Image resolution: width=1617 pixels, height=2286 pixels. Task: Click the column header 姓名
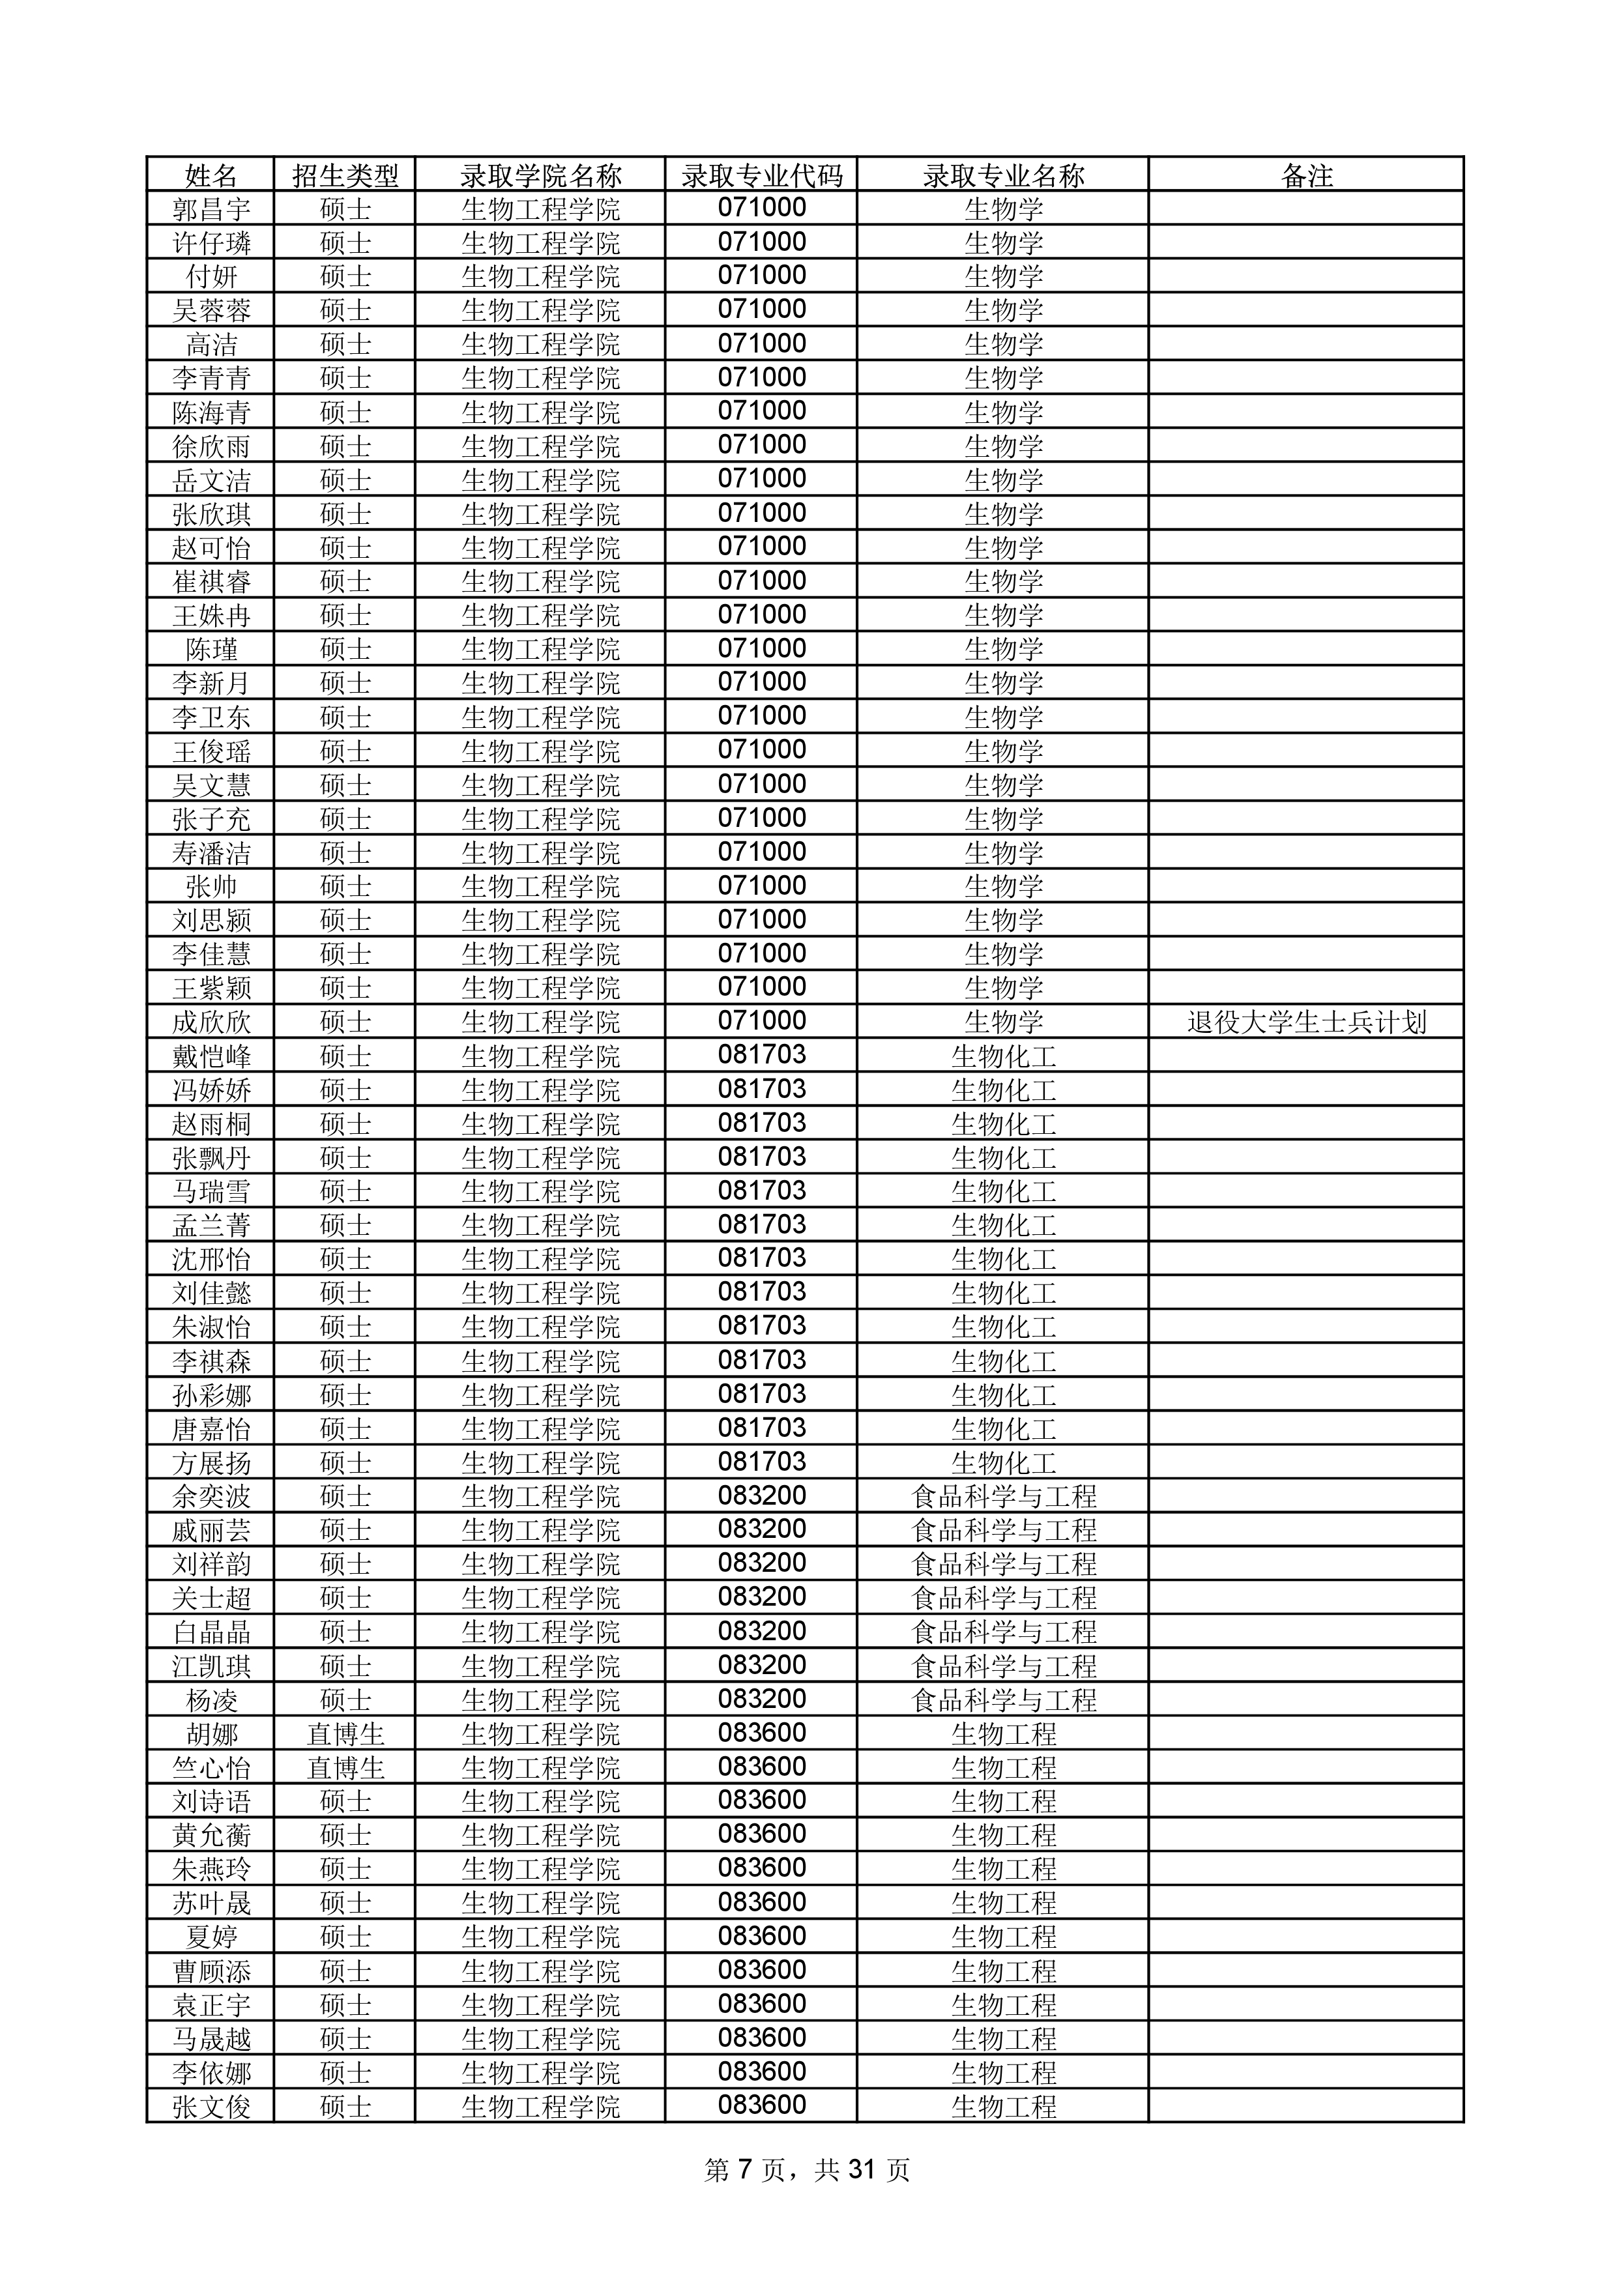click(x=211, y=176)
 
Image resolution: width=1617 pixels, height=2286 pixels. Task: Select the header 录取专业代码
click(x=762, y=176)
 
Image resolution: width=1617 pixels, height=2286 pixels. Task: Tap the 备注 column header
click(x=1306, y=176)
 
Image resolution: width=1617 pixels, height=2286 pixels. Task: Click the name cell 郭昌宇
click(x=211, y=209)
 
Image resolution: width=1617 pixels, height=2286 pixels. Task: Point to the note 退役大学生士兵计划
click(x=1306, y=1022)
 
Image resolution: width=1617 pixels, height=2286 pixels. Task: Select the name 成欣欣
click(x=211, y=1022)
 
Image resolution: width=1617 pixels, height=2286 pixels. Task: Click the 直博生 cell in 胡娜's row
click(x=345, y=1735)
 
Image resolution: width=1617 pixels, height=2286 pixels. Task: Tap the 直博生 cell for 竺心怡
click(x=345, y=1769)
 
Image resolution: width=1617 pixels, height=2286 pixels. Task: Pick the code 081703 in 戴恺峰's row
click(x=762, y=1056)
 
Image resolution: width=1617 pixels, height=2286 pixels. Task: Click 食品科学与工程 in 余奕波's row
click(x=1004, y=1496)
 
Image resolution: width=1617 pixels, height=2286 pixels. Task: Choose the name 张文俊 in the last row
click(x=211, y=2107)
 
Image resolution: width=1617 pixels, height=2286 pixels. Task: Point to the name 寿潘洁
click(x=211, y=853)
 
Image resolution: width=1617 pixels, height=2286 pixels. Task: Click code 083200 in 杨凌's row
click(x=762, y=1700)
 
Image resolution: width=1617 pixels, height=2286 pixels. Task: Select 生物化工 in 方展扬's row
click(x=1004, y=1462)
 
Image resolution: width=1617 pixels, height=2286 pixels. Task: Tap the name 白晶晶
click(x=211, y=1632)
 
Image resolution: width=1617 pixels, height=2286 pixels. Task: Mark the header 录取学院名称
click(x=541, y=176)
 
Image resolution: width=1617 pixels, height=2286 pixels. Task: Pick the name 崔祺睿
click(x=211, y=581)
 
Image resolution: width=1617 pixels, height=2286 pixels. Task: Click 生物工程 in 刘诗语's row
click(x=1004, y=1801)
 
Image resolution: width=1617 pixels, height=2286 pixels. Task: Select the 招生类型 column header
click(x=345, y=176)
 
